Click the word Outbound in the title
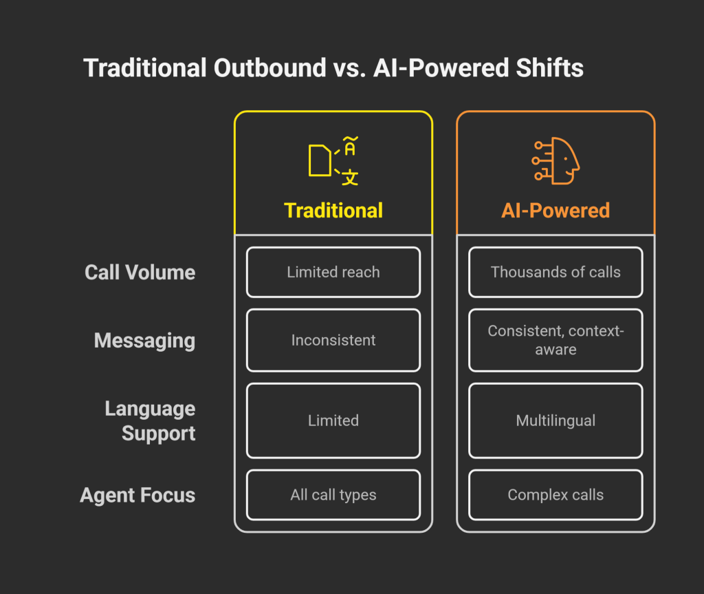click(269, 68)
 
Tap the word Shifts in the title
click(549, 68)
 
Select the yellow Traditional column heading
click(333, 211)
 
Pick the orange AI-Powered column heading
click(555, 211)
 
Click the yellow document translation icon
click(333, 161)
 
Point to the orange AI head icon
click(555, 160)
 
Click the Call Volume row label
click(140, 273)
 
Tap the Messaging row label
click(144, 341)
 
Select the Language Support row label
click(150, 421)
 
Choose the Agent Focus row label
click(137, 495)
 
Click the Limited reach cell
click(333, 272)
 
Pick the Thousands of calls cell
click(555, 272)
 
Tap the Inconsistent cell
click(333, 340)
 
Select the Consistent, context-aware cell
click(555, 340)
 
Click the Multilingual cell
click(555, 421)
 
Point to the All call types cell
click(333, 495)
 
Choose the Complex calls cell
click(555, 495)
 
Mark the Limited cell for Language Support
click(333, 421)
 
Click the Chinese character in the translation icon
click(350, 178)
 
